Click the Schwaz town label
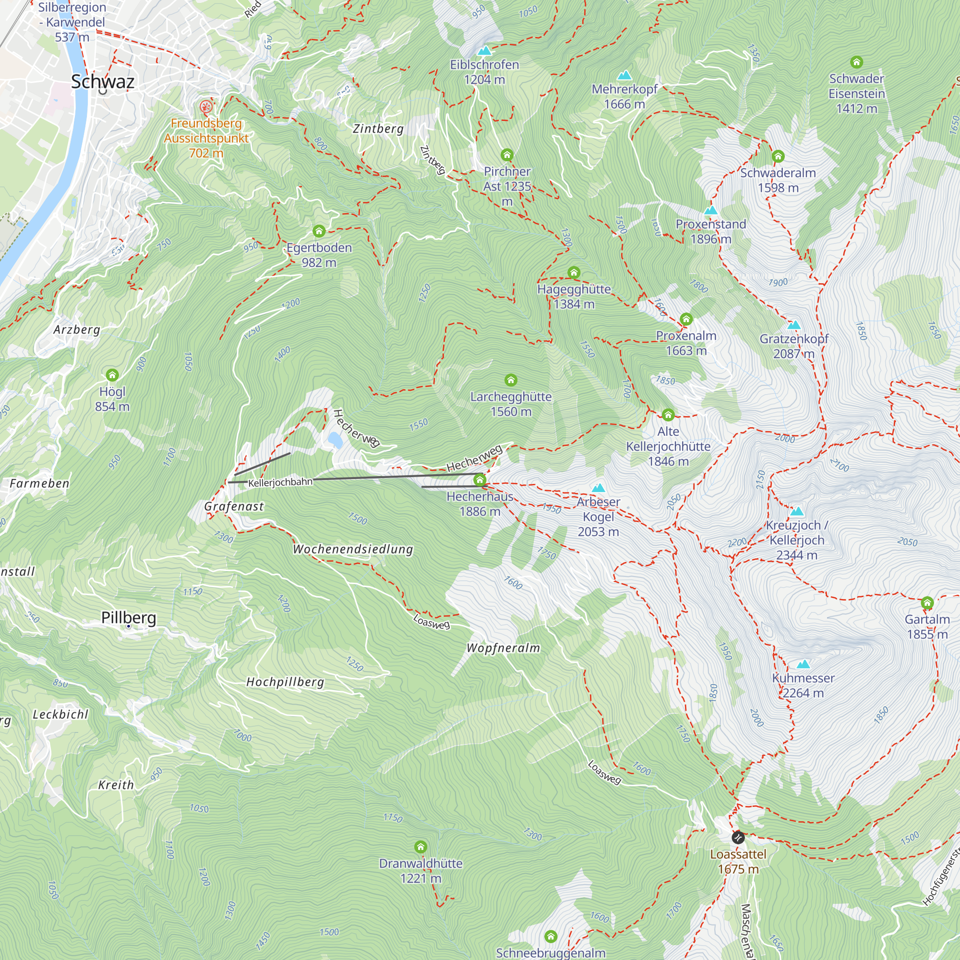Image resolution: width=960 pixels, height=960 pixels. pyautogui.click(x=102, y=82)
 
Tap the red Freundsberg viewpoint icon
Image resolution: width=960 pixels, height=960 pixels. pyautogui.click(x=206, y=107)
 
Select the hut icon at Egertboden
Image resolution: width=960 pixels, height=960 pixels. pyautogui.click(x=319, y=231)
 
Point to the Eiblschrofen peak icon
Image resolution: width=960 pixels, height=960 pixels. pyautogui.click(x=484, y=51)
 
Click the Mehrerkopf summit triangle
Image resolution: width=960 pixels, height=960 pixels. pyautogui.click(x=624, y=75)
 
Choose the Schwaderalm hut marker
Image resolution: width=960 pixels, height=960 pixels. pyautogui.click(x=778, y=156)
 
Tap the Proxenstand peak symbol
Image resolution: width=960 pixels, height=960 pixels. pyautogui.click(x=710, y=210)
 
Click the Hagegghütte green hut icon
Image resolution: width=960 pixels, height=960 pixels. pyautogui.click(x=574, y=272)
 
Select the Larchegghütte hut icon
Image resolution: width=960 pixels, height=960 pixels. pyautogui.click(x=511, y=380)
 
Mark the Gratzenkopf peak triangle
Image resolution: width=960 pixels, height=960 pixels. pyautogui.click(x=794, y=325)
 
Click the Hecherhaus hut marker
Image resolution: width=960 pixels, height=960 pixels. pyautogui.click(x=480, y=480)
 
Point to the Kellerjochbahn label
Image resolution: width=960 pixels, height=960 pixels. pyautogui.click(x=280, y=482)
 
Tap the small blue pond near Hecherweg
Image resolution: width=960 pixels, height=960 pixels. pyautogui.click(x=335, y=439)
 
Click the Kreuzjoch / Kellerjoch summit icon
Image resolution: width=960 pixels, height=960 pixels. pyautogui.click(x=796, y=511)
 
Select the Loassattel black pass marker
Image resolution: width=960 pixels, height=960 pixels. pyautogui.click(x=738, y=838)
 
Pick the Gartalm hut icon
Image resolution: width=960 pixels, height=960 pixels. pyautogui.click(x=927, y=603)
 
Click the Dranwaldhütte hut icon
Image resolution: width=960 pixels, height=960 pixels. pyautogui.click(x=421, y=846)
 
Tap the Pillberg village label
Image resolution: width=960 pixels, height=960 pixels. pyautogui.click(x=129, y=617)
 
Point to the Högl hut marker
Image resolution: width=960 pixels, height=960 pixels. pyautogui.click(x=112, y=375)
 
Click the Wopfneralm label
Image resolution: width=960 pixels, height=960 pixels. pyautogui.click(x=503, y=648)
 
